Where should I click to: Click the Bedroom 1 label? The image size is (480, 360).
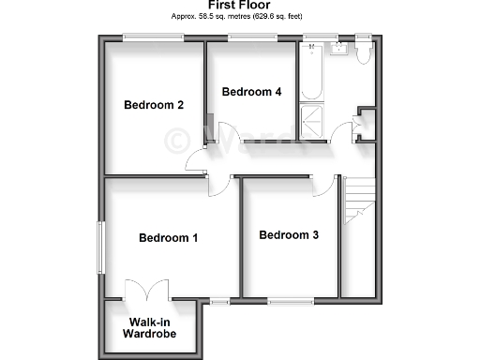pos(168,238)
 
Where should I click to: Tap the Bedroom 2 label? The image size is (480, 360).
pos(154,105)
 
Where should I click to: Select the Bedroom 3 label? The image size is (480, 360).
pos(289,234)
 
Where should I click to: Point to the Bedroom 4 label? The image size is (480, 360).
pos(251,92)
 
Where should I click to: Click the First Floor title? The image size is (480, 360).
pos(239,5)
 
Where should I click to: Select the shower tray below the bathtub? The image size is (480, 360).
pos(310,123)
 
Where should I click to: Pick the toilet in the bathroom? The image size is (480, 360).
pos(364,53)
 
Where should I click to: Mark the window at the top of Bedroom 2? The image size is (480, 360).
pos(154,37)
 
